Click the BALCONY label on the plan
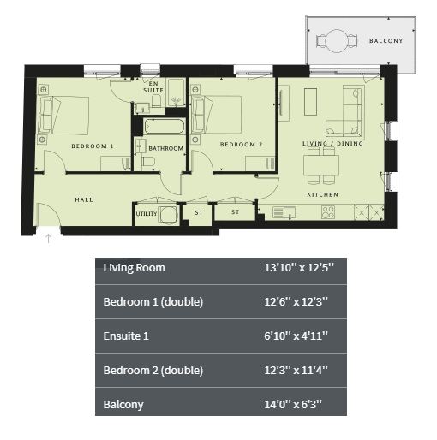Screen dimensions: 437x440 click(386, 41)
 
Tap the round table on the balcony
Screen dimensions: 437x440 click(337, 41)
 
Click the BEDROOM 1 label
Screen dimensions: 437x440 click(93, 146)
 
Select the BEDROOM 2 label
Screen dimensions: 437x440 click(241, 145)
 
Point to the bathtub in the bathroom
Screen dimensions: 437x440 click(165, 127)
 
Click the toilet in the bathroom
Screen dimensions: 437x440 click(148, 162)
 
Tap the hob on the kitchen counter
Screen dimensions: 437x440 click(328, 212)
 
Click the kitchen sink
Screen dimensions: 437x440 click(284, 212)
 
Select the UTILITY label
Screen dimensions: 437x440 click(147, 214)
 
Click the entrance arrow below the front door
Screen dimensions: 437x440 click(49, 239)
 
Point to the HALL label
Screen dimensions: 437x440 click(84, 199)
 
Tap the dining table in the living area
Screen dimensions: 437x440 click(321, 165)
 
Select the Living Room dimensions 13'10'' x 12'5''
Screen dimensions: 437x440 click(299, 268)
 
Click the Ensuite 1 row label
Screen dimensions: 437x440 click(126, 336)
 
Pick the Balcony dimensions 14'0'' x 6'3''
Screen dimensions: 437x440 click(293, 404)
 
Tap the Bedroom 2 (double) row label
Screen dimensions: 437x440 click(153, 370)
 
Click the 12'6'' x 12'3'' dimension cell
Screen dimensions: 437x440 click(296, 301)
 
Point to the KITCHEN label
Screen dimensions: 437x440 click(322, 194)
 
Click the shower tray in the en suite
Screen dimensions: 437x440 click(176, 92)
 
